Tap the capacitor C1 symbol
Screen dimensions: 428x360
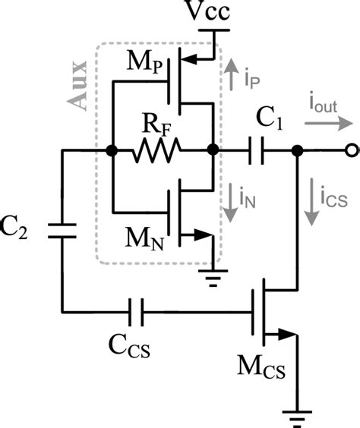point(258,152)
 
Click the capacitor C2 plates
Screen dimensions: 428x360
point(62,230)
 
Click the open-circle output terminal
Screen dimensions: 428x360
point(350,152)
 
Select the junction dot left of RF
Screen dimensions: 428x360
point(112,152)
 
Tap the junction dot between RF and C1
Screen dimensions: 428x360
point(212,152)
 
